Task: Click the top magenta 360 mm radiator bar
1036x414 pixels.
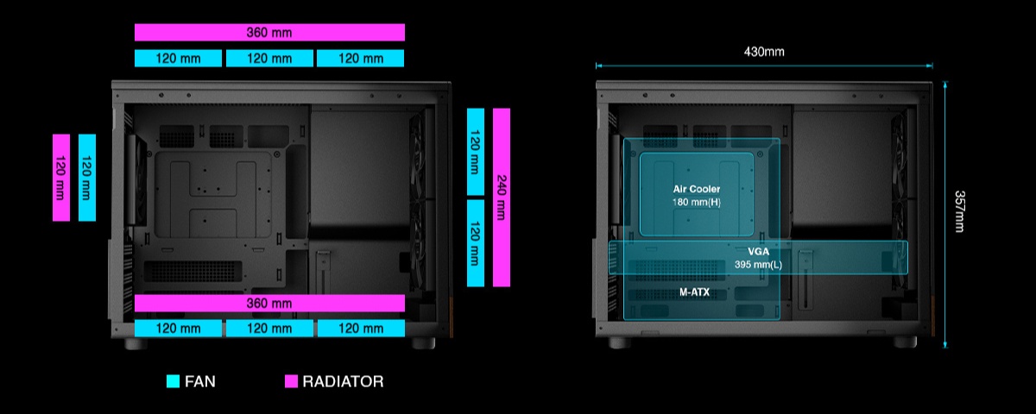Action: pyautogui.click(x=269, y=32)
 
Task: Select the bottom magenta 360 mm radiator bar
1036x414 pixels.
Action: pyautogui.click(x=269, y=304)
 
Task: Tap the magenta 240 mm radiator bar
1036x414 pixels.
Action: pyautogui.click(x=501, y=197)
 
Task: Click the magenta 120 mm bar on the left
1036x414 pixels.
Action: pyautogui.click(x=60, y=178)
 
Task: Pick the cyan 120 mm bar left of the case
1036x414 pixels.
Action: pyautogui.click(x=86, y=178)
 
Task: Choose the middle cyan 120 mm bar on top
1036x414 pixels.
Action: pyautogui.click(x=269, y=59)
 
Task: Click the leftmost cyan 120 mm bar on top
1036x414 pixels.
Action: pyautogui.click(x=179, y=59)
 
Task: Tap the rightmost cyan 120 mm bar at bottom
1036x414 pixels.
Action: pyautogui.click(x=361, y=329)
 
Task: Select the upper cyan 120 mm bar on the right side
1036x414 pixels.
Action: pyautogui.click(x=475, y=151)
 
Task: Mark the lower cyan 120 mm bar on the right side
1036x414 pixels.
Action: pyautogui.click(x=475, y=243)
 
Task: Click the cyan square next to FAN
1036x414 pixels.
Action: pyautogui.click(x=173, y=381)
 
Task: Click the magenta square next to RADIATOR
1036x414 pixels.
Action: pyautogui.click(x=291, y=381)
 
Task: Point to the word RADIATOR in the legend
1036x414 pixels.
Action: pyautogui.click(x=343, y=381)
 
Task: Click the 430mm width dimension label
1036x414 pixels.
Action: pyautogui.click(x=764, y=52)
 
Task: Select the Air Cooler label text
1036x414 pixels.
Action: pyautogui.click(x=697, y=189)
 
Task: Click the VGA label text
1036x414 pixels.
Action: pyautogui.click(x=758, y=252)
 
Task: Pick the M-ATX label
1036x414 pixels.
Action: pyautogui.click(x=695, y=293)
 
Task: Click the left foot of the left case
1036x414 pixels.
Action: pyautogui.click(x=136, y=343)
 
